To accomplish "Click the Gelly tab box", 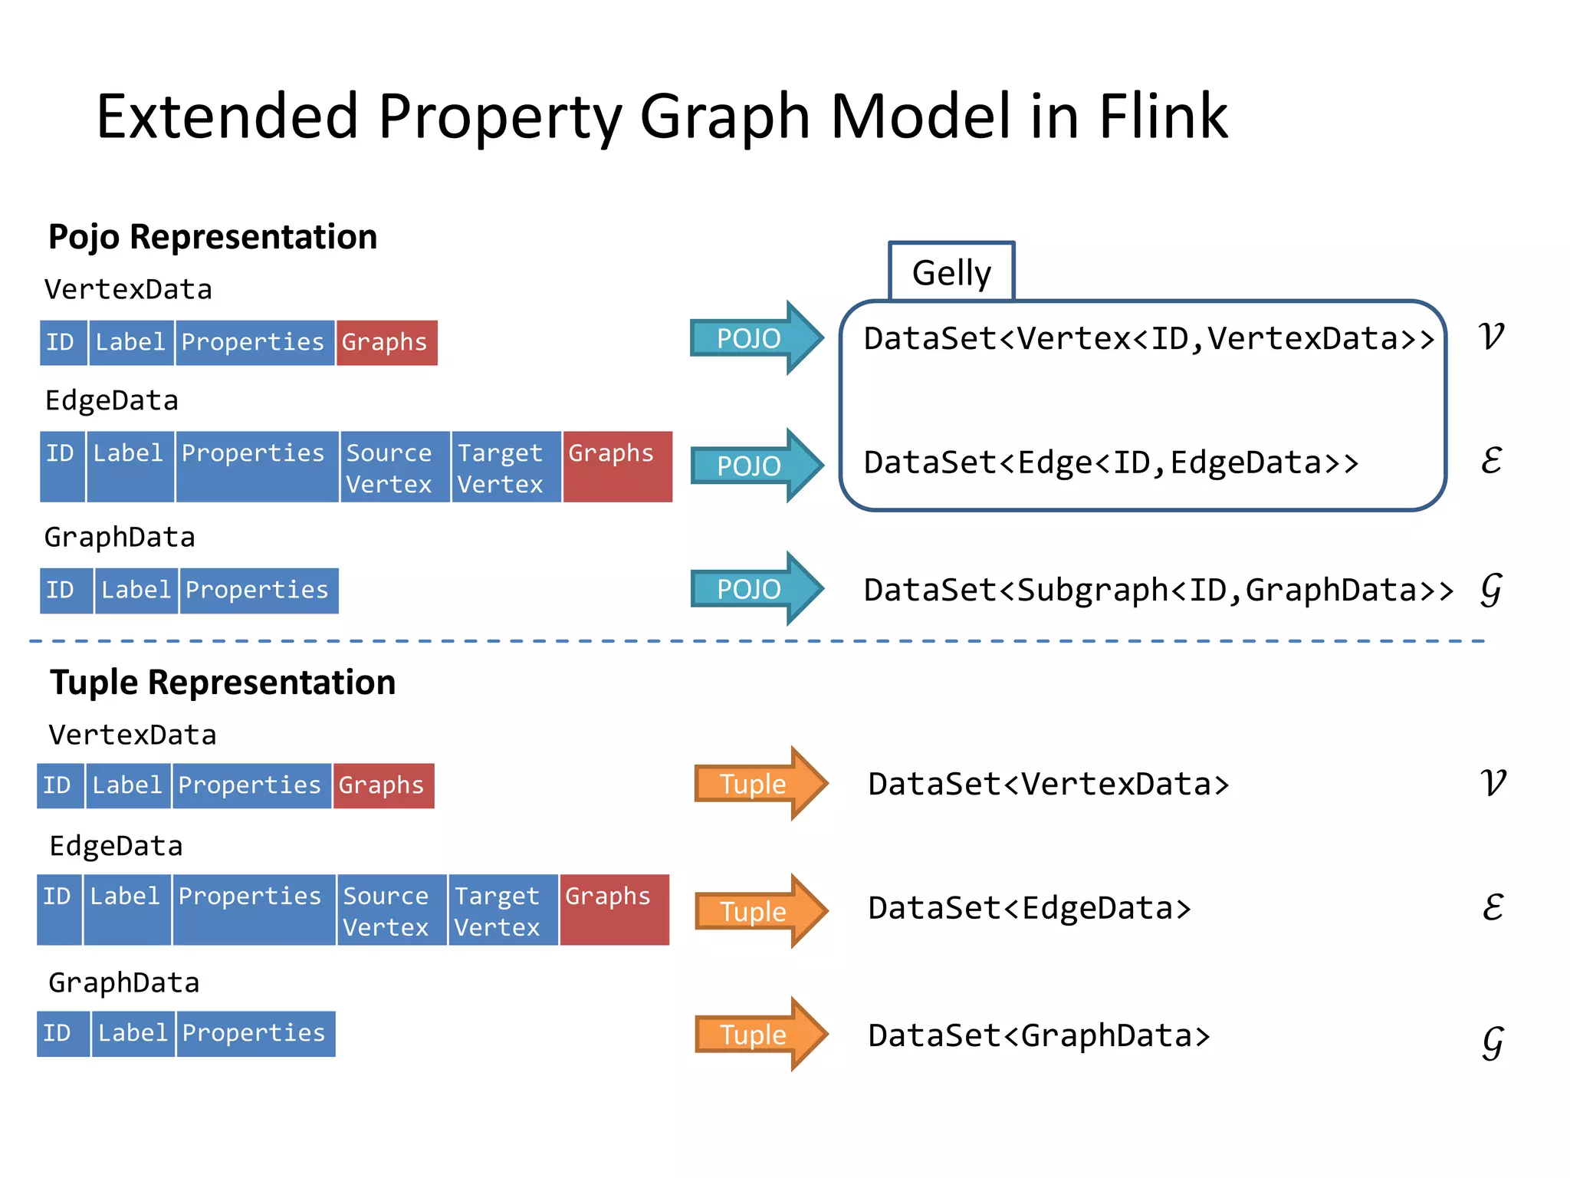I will [x=951, y=272].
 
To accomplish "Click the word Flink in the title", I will [x=1163, y=117].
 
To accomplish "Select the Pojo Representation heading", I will [x=212, y=237].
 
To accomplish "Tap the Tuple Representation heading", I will [x=222, y=682].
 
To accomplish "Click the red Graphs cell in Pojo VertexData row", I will [x=386, y=342].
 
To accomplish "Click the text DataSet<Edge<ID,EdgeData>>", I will [x=1110, y=462].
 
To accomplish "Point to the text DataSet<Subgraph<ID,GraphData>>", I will [x=1158, y=590].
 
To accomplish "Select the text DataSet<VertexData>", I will [x=1048, y=784].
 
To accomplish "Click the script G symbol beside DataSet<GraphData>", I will [x=1492, y=1041].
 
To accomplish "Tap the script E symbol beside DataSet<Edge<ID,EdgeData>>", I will [x=1490, y=461].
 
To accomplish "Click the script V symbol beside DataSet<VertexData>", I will [x=1492, y=783].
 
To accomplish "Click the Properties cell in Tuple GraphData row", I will [x=255, y=1034].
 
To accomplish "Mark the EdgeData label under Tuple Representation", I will [x=116, y=846].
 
